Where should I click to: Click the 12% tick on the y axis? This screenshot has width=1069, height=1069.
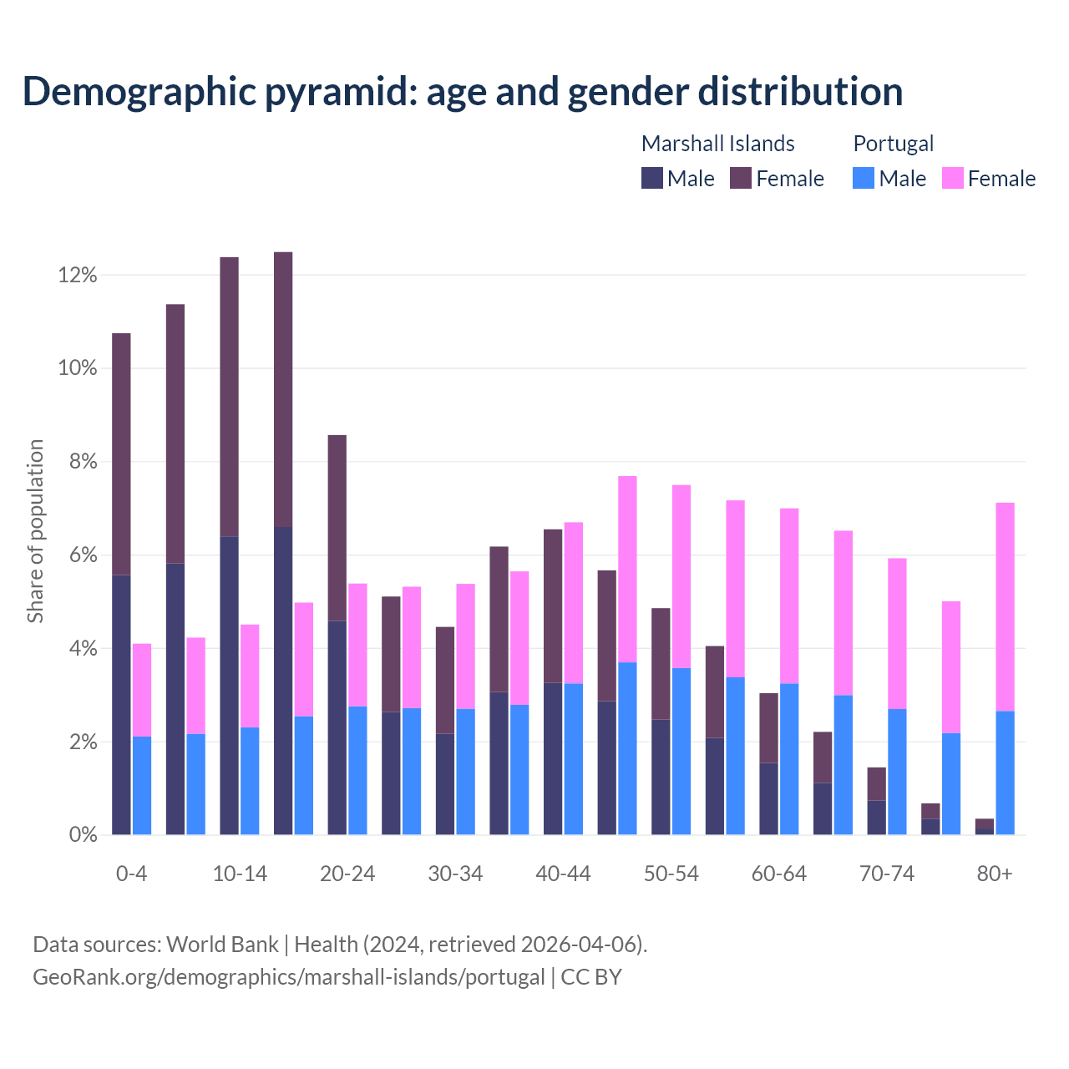pos(78,276)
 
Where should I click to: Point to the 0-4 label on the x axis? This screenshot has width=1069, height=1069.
pos(131,874)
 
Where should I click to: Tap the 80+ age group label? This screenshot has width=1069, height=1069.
pos(995,874)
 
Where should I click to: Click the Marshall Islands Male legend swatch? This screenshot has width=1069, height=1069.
pos(652,178)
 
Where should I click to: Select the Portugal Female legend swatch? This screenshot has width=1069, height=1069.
pos(952,178)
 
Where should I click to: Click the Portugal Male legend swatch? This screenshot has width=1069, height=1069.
pos(864,178)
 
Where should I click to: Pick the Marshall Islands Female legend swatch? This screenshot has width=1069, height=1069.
pos(741,178)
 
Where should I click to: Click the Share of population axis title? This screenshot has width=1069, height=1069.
pos(35,531)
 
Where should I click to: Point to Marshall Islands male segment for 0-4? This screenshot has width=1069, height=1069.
pos(121,705)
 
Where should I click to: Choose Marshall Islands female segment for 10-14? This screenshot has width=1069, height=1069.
pos(229,397)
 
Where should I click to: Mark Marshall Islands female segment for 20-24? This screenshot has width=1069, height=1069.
pos(337,528)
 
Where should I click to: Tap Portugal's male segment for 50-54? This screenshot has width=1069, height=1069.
pos(681,751)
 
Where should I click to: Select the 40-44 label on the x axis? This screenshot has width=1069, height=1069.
pos(563,874)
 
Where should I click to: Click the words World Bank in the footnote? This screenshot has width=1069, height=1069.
pos(222,945)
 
